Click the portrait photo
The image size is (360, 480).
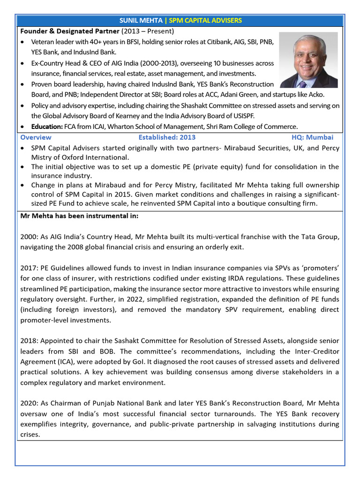click(x=308, y=60)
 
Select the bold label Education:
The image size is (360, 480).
click(x=47, y=126)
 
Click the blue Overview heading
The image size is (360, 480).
click(x=36, y=137)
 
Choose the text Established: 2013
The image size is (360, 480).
click(x=167, y=137)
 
